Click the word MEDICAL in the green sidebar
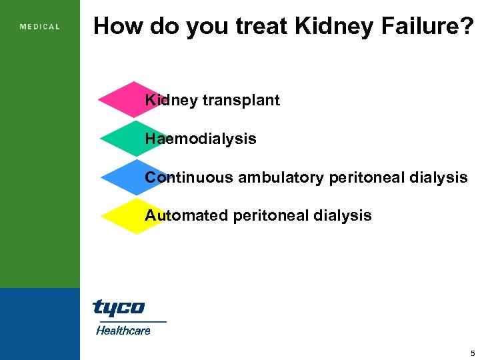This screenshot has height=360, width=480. [x=40, y=27]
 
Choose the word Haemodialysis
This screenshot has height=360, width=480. [x=201, y=139]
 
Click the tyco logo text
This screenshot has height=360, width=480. [x=119, y=307]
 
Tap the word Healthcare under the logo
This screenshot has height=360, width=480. [x=123, y=330]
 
